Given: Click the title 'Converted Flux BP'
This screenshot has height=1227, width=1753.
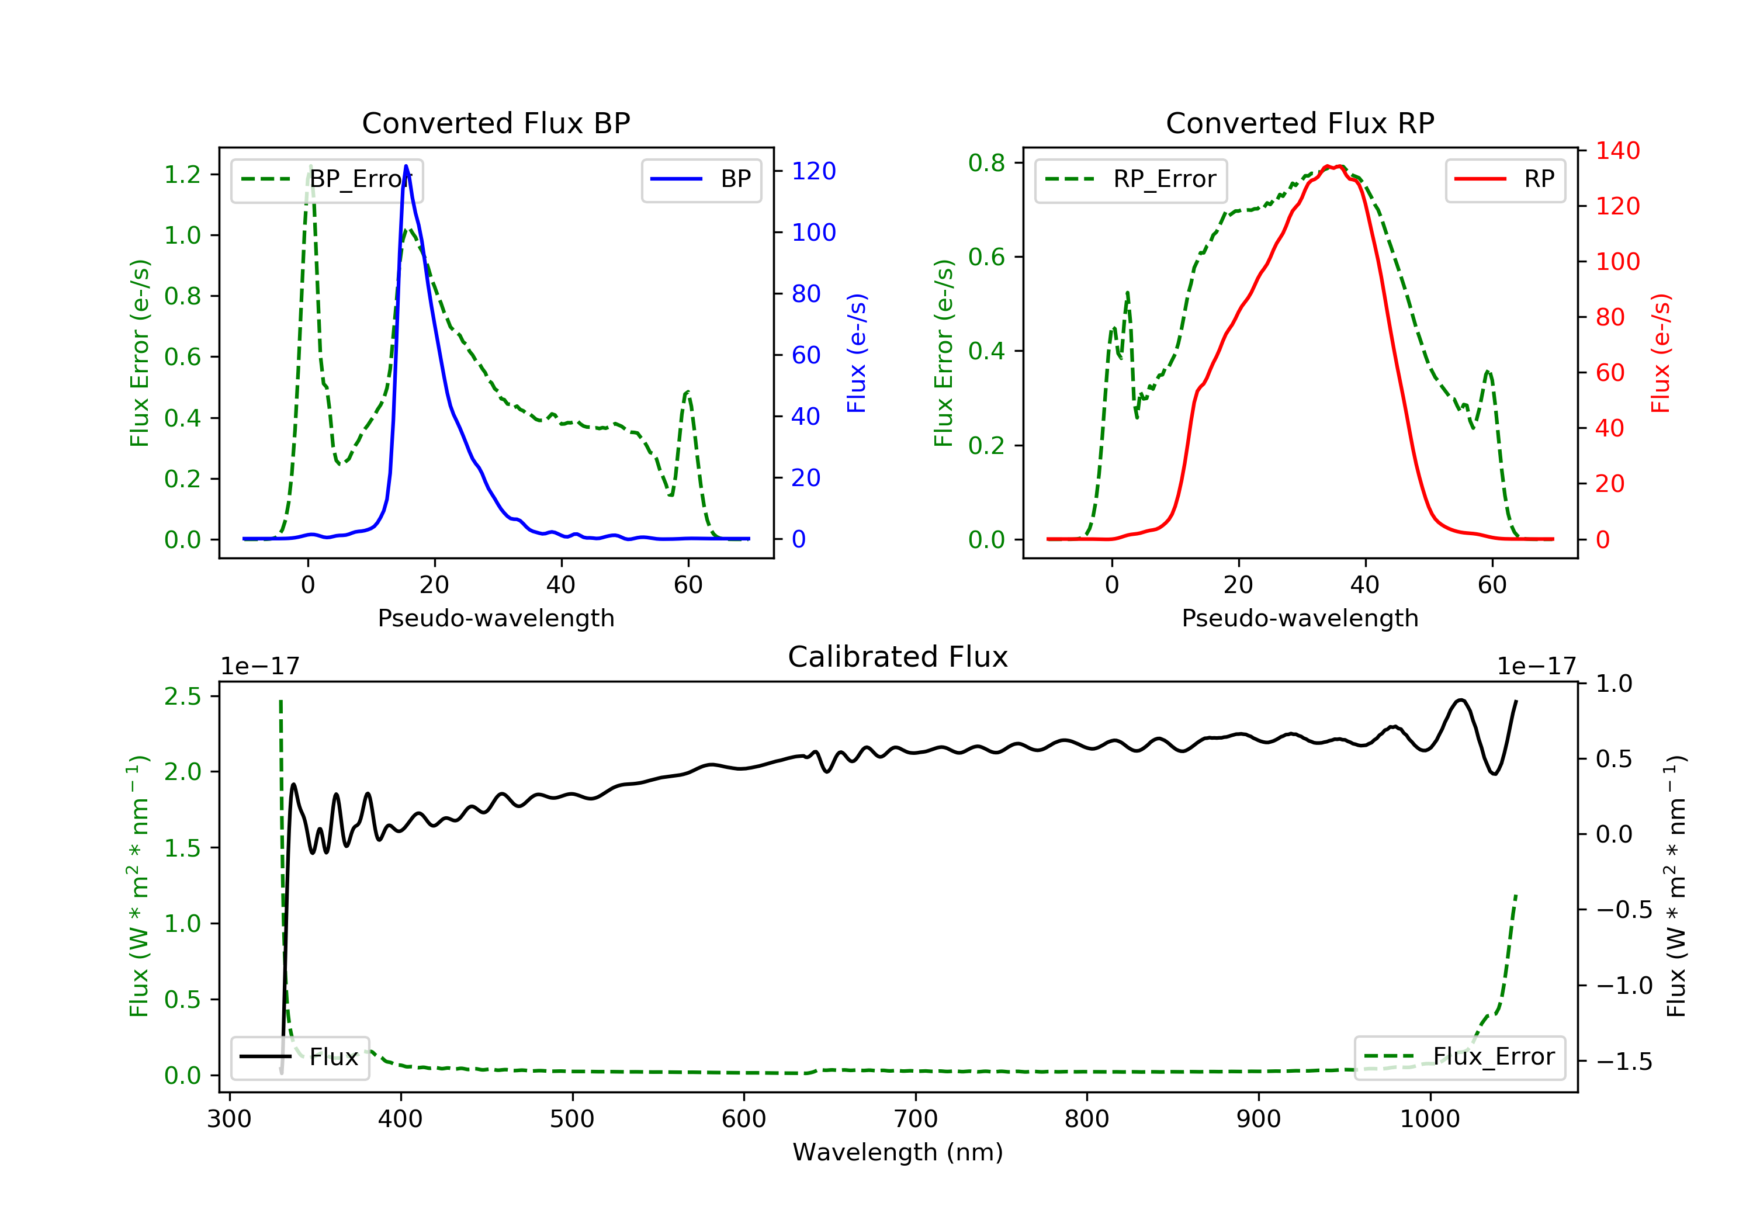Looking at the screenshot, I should [x=496, y=123].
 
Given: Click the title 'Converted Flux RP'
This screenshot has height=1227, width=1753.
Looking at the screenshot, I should [x=1300, y=123].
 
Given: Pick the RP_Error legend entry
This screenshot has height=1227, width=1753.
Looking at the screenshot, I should [x=1131, y=179].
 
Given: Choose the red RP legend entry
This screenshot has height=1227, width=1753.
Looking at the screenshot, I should [x=1505, y=179].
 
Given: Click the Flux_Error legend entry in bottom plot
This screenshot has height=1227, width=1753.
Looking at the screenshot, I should [x=1459, y=1057].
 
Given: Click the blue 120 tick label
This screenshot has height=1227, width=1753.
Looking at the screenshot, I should [x=814, y=171].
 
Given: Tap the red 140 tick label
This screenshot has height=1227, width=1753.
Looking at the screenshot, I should [x=1618, y=151].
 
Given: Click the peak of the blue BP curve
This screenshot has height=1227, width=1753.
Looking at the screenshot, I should [x=406, y=166].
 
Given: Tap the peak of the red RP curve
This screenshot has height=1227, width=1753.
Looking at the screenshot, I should [x=1328, y=166].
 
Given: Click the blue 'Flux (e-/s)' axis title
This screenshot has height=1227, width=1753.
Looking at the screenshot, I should [x=857, y=353].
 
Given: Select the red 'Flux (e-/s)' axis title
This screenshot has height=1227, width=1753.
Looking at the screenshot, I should [x=1661, y=353].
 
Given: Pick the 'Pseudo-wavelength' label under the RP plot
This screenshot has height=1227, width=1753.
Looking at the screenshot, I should [x=1300, y=618].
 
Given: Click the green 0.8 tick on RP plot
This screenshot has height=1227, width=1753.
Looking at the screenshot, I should [x=986, y=162].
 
